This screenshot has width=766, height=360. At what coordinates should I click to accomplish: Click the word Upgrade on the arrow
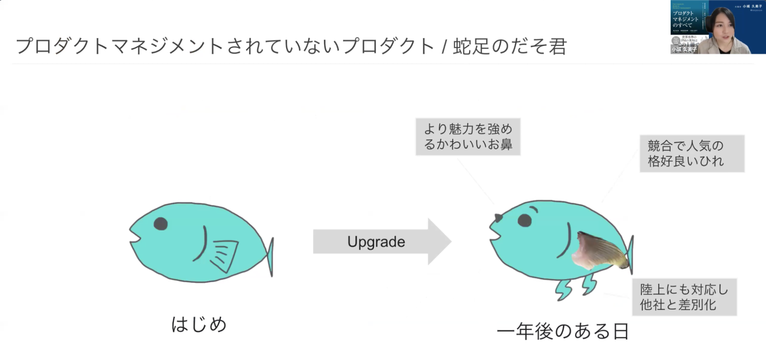pyautogui.click(x=376, y=242)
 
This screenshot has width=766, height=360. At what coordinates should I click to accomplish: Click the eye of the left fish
pyautogui.click(x=161, y=223)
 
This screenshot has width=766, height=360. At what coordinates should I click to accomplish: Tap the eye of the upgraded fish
pyautogui.click(x=525, y=220)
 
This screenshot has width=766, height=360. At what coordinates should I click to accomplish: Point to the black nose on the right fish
pyautogui.click(x=498, y=218)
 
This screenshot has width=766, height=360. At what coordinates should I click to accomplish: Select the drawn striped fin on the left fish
pyautogui.click(x=223, y=255)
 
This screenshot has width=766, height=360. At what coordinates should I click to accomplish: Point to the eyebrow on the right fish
pyautogui.click(x=533, y=209)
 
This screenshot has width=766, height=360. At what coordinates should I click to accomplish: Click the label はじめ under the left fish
pyautogui.click(x=198, y=324)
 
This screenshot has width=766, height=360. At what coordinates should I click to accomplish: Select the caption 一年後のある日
pyautogui.click(x=563, y=331)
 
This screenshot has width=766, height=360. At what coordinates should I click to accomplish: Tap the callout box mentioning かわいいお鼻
pyautogui.click(x=468, y=137)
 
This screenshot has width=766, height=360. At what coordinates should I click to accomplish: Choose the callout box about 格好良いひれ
pyautogui.click(x=692, y=154)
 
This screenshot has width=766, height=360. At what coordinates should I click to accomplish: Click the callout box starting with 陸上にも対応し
pyautogui.click(x=684, y=297)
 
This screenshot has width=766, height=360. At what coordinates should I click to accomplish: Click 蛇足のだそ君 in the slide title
pyautogui.click(x=510, y=47)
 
